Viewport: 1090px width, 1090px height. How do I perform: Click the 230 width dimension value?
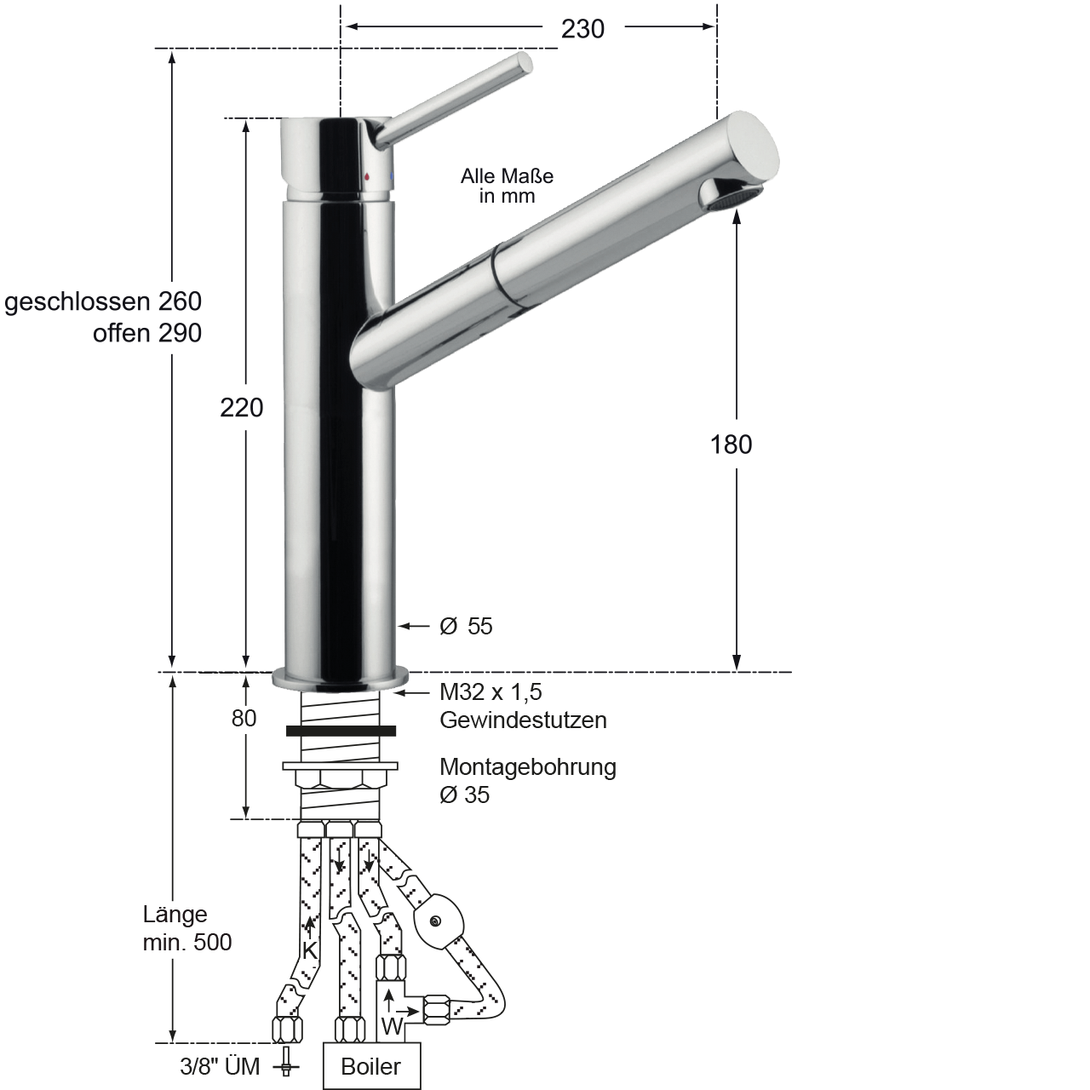click(x=582, y=29)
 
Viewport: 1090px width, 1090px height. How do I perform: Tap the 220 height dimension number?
click(x=242, y=408)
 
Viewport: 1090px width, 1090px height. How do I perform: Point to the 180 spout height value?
click(x=731, y=445)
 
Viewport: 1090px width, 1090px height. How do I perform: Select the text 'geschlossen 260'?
click(x=103, y=302)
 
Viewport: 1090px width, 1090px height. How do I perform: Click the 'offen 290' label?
click(x=147, y=333)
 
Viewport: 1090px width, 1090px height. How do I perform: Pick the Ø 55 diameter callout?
click(x=466, y=626)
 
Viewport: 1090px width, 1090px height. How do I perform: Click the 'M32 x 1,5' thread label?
click(x=491, y=691)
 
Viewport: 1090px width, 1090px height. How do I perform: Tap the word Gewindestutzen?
click(x=523, y=720)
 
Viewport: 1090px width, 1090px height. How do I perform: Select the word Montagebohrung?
click(x=528, y=767)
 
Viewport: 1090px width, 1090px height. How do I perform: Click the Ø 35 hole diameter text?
click(x=464, y=795)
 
